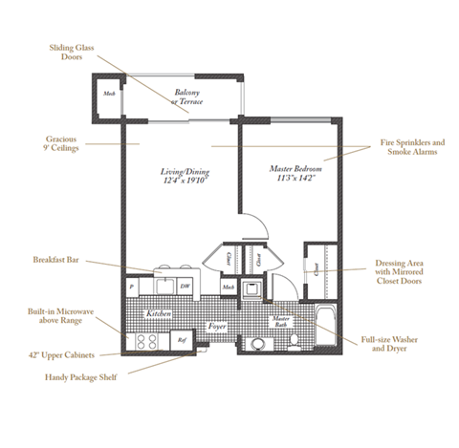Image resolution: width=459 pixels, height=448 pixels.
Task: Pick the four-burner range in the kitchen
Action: click(x=146, y=340)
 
